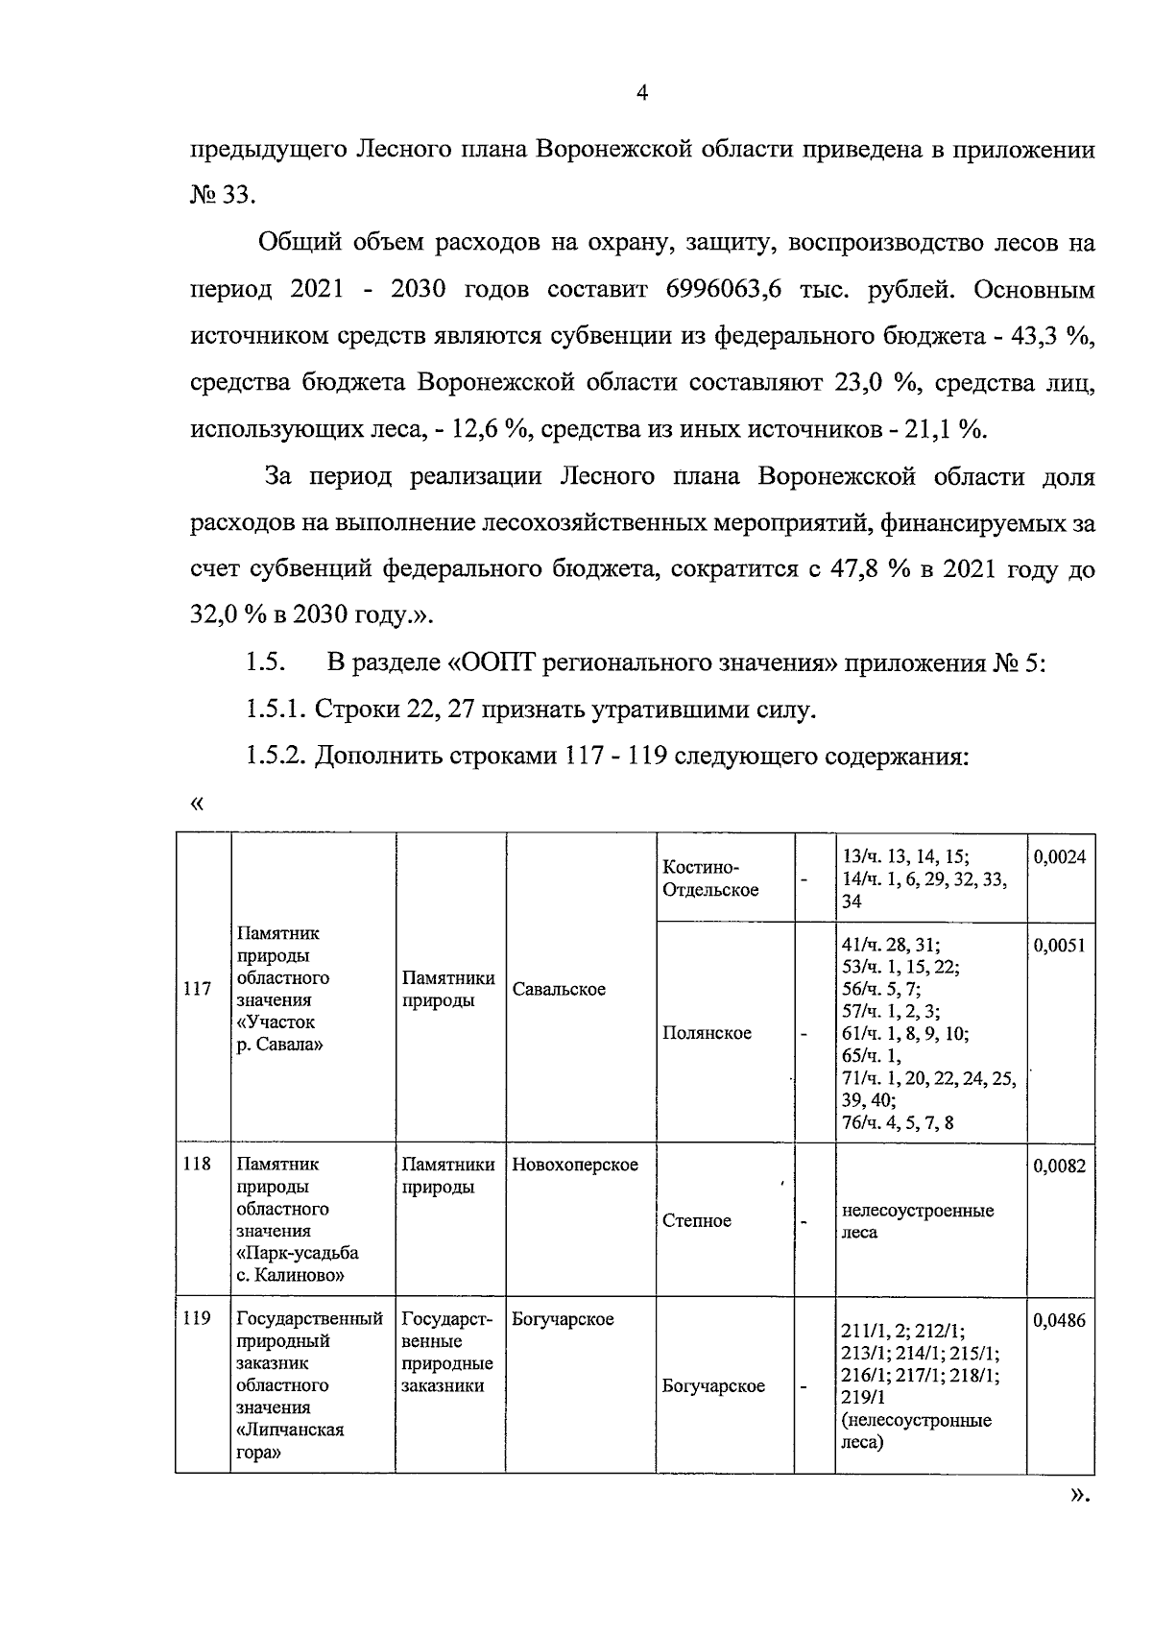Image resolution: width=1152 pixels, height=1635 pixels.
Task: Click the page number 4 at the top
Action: click(x=642, y=93)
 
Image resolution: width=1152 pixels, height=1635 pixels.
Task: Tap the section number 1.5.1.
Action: click(x=275, y=710)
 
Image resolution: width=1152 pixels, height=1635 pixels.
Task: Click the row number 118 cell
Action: click(x=197, y=1165)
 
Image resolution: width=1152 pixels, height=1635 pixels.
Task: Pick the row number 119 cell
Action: click(x=197, y=1319)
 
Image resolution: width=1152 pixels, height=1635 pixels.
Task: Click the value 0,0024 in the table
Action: click(x=1060, y=857)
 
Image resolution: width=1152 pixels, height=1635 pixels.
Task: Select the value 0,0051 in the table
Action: click(x=1060, y=946)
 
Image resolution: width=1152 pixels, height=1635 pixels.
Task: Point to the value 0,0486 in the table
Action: click(x=1060, y=1322)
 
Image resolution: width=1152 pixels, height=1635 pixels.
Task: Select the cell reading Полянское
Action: click(x=707, y=1033)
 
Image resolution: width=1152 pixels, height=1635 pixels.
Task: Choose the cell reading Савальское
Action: click(x=559, y=989)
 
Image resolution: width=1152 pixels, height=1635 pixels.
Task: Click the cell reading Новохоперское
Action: click(x=575, y=1165)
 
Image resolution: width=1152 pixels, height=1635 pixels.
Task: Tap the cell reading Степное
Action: click(x=697, y=1220)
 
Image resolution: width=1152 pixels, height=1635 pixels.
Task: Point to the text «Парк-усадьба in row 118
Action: click(x=297, y=1253)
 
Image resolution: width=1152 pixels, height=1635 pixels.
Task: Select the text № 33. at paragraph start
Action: click(x=223, y=196)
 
